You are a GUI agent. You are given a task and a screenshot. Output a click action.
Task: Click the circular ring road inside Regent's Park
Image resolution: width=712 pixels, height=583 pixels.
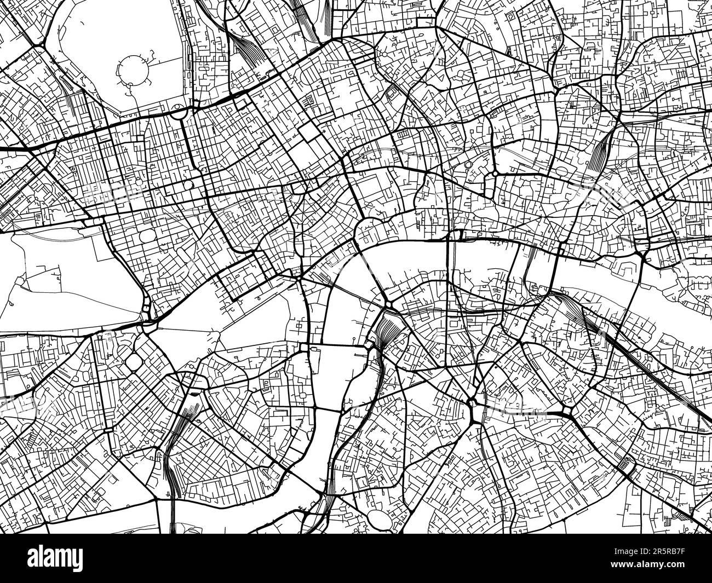pos(132,71)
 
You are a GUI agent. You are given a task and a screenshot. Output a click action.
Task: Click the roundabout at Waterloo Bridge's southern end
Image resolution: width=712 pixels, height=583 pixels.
pos(387,303)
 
